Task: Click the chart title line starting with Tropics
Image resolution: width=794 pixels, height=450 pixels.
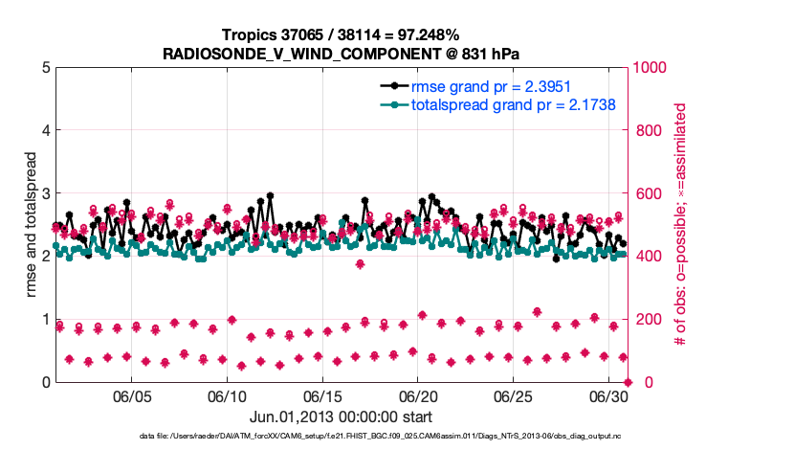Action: (x=342, y=34)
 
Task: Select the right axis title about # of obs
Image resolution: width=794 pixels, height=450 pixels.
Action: (x=681, y=225)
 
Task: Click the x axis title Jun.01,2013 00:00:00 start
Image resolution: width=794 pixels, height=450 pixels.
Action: (x=341, y=417)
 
